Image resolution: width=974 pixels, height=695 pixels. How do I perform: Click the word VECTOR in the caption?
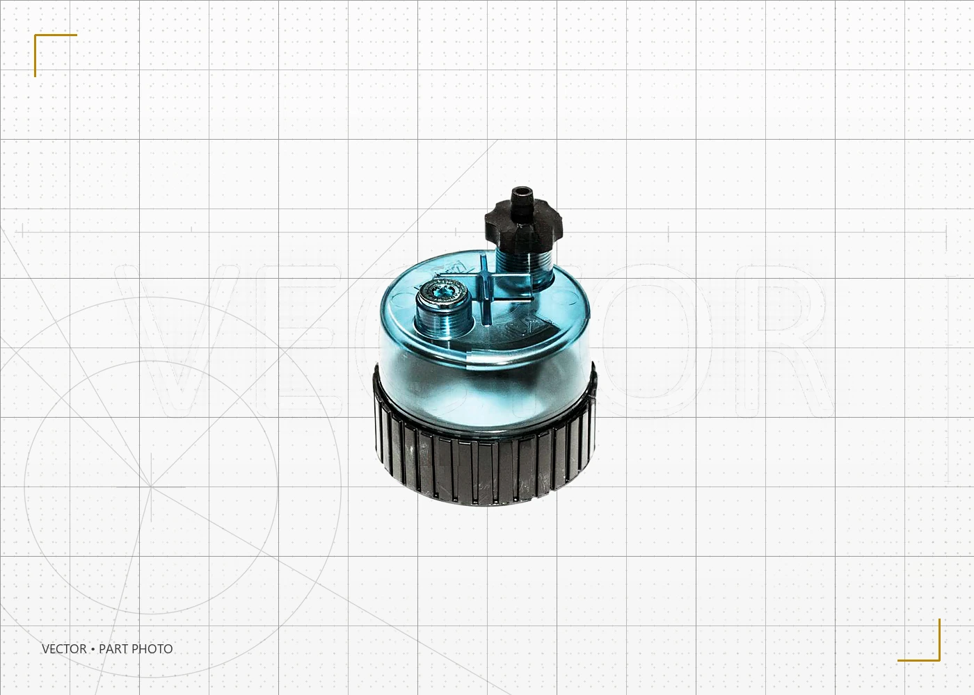coord(64,649)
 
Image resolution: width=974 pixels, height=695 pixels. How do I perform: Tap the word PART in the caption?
coord(113,649)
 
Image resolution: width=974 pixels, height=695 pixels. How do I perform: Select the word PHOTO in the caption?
coord(152,649)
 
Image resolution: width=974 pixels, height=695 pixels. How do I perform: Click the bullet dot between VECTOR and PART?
coord(93,649)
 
